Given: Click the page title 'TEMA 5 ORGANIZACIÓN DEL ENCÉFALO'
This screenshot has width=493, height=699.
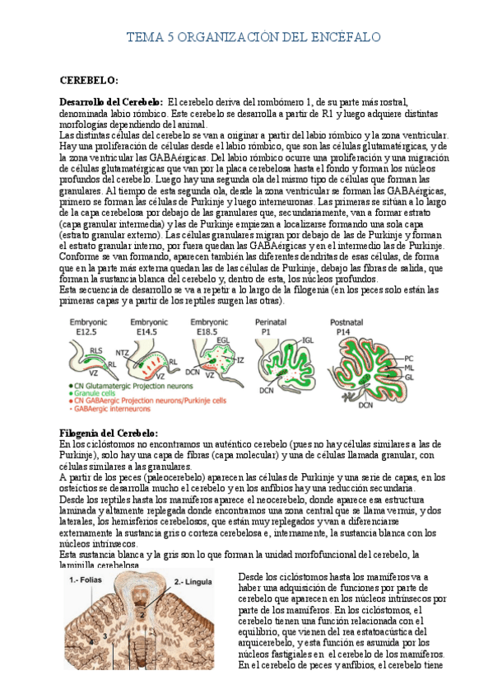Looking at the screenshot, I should click(252, 38).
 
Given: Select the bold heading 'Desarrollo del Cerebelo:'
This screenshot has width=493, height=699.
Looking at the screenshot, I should click(110, 101).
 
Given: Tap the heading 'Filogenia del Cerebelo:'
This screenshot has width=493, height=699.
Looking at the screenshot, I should click(109, 433).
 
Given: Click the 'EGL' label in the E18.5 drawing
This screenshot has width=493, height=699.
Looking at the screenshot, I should click(223, 340).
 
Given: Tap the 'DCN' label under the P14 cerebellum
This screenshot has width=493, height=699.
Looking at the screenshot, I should click(366, 405).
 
